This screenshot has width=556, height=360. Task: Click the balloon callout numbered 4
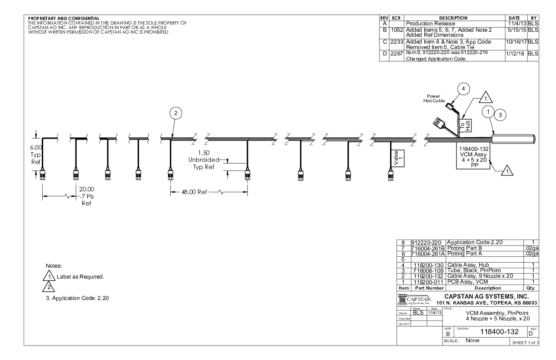[463, 89]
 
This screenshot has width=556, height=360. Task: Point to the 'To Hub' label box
[467, 124]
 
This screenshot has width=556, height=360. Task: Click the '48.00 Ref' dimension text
[189, 192]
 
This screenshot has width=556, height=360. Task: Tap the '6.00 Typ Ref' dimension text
[35, 154]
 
